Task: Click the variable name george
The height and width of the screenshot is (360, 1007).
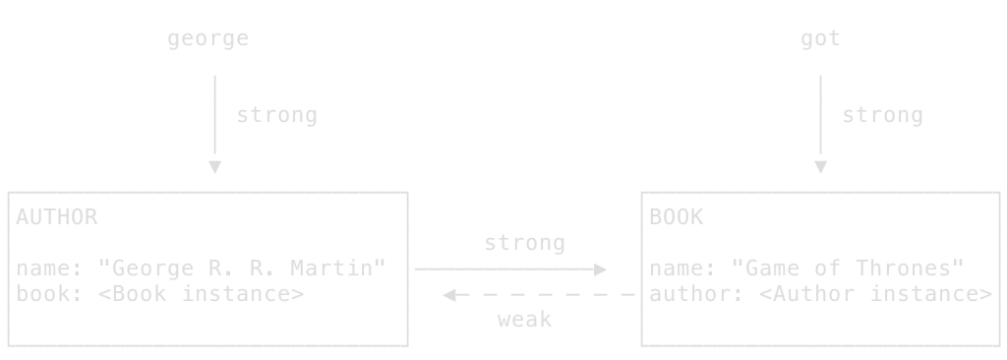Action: (x=207, y=39)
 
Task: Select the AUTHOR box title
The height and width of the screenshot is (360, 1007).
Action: (x=57, y=217)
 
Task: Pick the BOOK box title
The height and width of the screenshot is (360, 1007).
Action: (x=677, y=217)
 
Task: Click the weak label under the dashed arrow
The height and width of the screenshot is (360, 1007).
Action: (x=524, y=319)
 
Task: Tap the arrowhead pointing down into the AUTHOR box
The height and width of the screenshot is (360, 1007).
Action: (x=214, y=168)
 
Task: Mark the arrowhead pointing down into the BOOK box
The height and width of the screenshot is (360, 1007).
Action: (x=820, y=168)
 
